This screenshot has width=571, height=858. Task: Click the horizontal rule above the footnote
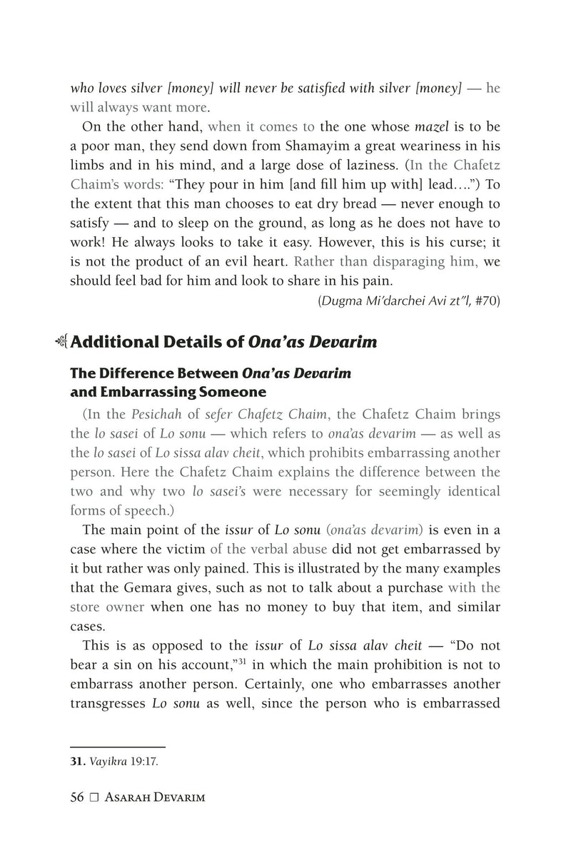click(x=118, y=746)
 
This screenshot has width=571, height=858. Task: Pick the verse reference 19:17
click(x=144, y=760)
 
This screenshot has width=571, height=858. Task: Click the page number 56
click(x=77, y=797)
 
